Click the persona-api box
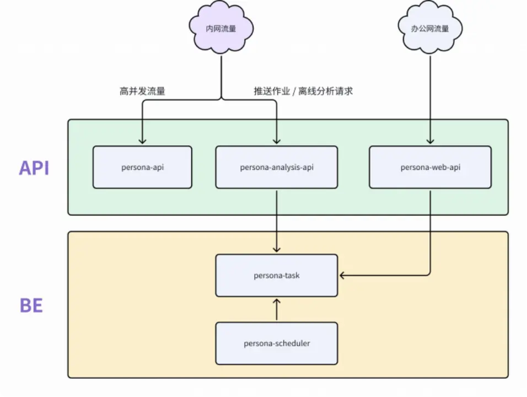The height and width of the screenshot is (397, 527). coord(142,167)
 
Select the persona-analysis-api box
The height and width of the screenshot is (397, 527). coord(276,167)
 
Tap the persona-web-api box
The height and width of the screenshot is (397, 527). coord(430,167)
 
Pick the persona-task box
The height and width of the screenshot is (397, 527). coord(276,275)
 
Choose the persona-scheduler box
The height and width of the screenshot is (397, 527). coord(276,343)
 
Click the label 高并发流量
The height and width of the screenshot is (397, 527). coord(142,92)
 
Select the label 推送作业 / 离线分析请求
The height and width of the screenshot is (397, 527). coord(303,92)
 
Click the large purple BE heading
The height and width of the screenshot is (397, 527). coord(31,305)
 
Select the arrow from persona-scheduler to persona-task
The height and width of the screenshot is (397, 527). coord(276,310)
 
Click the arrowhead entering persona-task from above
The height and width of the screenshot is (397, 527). coord(276,250)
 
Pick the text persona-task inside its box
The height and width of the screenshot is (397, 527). coord(276,275)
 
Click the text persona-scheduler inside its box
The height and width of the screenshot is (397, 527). coord(276,343)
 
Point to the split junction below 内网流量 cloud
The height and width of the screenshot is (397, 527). coord(221,99)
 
